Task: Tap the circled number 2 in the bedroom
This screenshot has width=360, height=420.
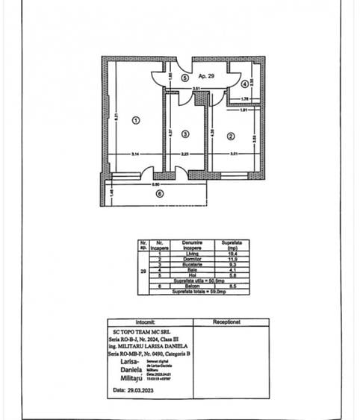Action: point(231,136)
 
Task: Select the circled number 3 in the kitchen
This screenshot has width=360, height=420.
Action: point(185,134)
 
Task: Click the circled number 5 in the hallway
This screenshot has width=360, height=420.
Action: point(184,77)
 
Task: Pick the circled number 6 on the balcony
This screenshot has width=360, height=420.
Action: point(159,194)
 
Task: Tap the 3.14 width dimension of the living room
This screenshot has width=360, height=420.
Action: point(136,154)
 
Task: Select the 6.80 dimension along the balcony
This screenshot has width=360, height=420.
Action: point(157,184)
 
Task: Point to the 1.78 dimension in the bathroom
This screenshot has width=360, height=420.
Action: point(244,98)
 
